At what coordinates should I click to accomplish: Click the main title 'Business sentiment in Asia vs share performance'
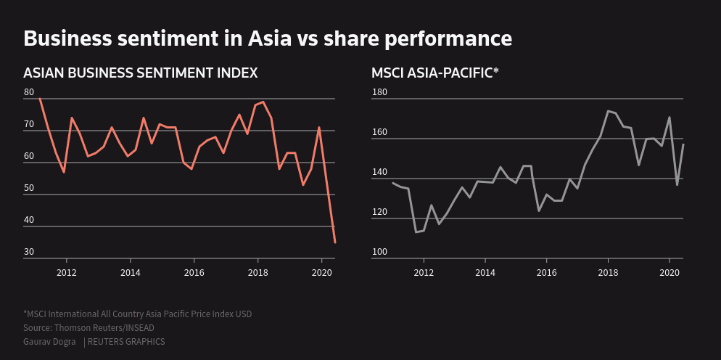(268, 38)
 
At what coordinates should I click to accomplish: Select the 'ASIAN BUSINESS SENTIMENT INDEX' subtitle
(141, 73)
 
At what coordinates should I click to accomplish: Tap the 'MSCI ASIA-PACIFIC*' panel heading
(435, 73)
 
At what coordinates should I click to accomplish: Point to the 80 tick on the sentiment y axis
(29, 92)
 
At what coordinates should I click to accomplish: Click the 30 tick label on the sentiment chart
(29, 252)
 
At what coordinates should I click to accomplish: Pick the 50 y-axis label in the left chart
(29, 188)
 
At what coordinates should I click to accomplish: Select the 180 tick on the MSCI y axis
(379, 92)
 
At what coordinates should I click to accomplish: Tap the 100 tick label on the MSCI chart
(379, 252)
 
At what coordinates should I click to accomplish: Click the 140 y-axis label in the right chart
(379, 172)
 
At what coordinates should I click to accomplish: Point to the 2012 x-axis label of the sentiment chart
(67, 273)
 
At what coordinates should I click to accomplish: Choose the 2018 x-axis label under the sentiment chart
(257, 273)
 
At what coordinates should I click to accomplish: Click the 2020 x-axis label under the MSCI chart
(668, 273)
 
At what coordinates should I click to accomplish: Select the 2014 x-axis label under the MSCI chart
(485, 273)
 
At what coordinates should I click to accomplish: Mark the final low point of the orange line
(334, 242)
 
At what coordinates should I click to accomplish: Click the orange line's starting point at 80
(40, 99)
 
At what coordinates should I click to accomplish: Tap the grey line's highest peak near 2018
(608, 111)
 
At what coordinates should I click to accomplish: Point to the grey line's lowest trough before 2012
(416, 232)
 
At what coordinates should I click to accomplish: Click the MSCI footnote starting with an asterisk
(138, 314)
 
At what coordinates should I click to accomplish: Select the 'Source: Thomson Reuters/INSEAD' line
(88, 328)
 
